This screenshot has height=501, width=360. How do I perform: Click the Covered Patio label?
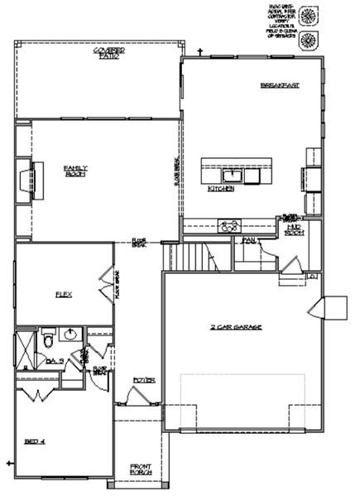105,54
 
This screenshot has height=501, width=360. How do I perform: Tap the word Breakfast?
279,85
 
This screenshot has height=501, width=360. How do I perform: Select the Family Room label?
76,171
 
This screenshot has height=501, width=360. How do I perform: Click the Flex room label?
63,294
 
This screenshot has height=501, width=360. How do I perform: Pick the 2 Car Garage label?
236,328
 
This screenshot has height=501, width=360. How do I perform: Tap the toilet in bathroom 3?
50,339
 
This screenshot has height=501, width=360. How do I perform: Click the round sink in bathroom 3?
70,334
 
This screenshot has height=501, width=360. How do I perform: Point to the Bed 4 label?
34,441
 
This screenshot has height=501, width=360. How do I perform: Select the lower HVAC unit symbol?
308,39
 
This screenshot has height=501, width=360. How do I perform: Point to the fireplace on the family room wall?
37,177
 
